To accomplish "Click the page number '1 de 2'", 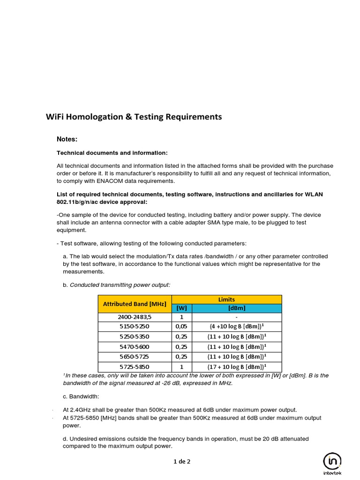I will [182, 461].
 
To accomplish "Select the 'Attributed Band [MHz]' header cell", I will [135, 304].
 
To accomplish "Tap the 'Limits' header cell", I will [227, 299].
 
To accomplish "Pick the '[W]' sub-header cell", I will [181, 308].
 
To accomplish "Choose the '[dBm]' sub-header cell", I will [237, 308].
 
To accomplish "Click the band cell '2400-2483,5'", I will [135, 317].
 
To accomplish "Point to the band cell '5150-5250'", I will [135, 327].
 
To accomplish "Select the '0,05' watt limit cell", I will [181, 327].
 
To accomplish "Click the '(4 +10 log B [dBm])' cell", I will [237, 327].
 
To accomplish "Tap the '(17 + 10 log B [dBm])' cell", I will [237, 366].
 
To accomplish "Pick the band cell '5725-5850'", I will [135, 366].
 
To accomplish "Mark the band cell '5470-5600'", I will [135, 346].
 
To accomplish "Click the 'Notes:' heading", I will [67, 139].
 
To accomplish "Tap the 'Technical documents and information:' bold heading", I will [112, 153].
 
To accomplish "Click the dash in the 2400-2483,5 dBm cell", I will [237, 317].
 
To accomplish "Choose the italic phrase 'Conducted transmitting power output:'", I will [120, 284].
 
